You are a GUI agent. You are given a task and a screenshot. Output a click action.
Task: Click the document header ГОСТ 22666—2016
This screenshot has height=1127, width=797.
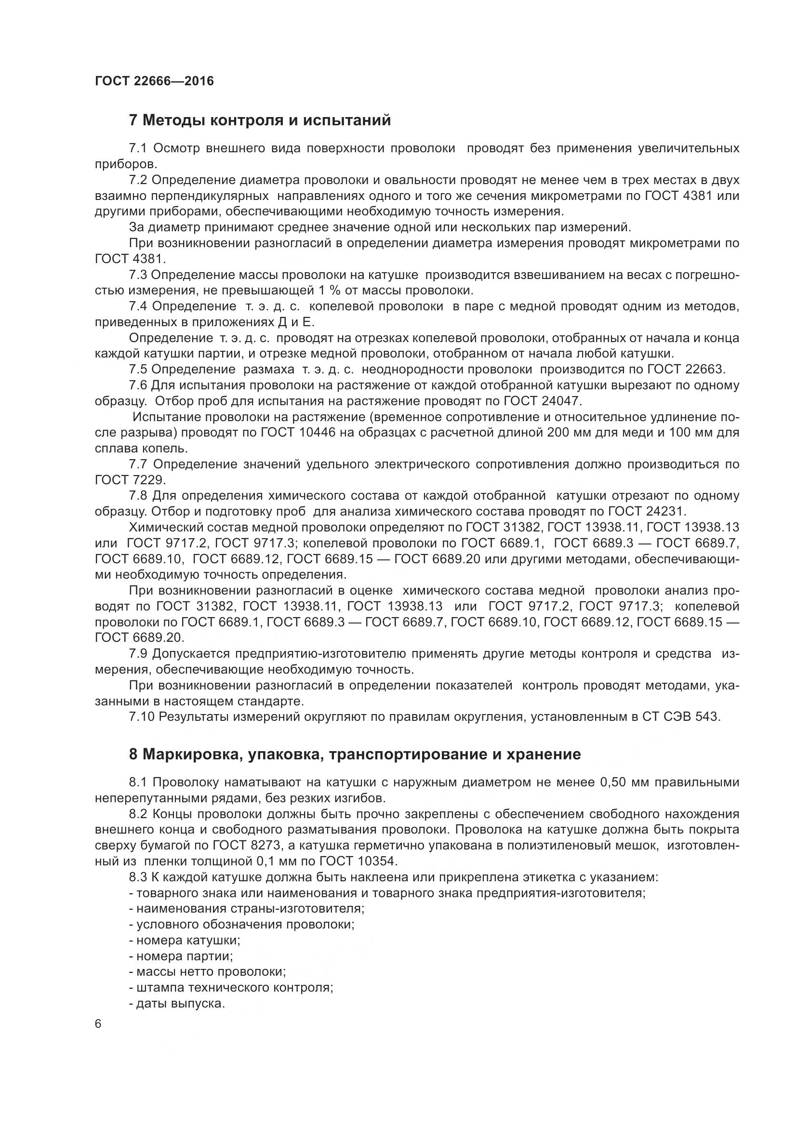click(x=155, y=81)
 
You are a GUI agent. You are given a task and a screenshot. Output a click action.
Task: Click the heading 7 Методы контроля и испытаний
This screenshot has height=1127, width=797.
click(x=260, y=120)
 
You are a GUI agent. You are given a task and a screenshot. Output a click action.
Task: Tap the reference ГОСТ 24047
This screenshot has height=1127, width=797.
click(x=542, y=401)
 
